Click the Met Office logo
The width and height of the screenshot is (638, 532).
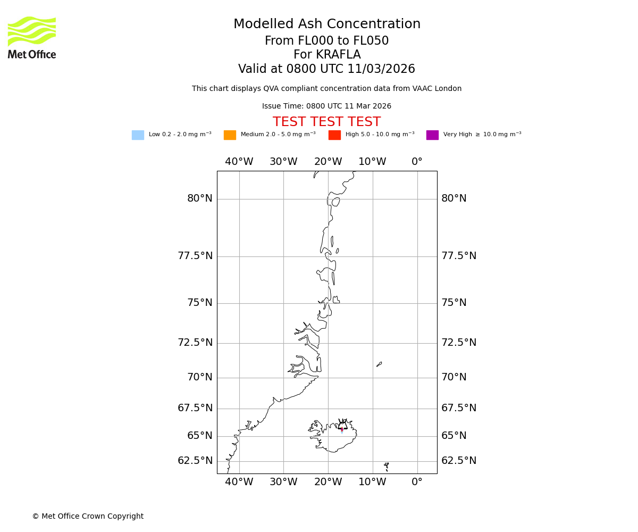coord(32,37)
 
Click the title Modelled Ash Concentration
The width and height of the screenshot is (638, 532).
coord(326,24)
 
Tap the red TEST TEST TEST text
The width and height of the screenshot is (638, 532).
coord(326,122)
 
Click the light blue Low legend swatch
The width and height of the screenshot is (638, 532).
coord(138,135)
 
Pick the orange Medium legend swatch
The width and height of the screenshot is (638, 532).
coord(230,135)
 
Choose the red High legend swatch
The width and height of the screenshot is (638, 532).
coord(334,135)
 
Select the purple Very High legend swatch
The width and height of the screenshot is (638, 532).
coord(432,135)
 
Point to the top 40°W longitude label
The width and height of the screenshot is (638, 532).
coord(239,162)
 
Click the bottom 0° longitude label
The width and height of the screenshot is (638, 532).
coord(417,482)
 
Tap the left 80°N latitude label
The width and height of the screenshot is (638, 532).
coord(199,198)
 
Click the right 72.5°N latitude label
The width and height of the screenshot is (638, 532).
coord(459,343)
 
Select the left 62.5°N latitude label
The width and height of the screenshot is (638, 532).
coord(195,461)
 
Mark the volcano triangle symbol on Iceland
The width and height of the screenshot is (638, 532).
coord(342,426)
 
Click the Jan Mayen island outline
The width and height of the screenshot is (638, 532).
coord(379,364)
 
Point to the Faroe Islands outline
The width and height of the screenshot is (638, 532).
coord(387,467)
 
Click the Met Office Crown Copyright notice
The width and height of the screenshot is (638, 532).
coord(88,516)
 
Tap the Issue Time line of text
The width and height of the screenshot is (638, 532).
coord(326,106)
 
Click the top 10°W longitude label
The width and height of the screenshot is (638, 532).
coord(372,162)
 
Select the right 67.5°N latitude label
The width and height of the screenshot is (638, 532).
coord(459,408)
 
